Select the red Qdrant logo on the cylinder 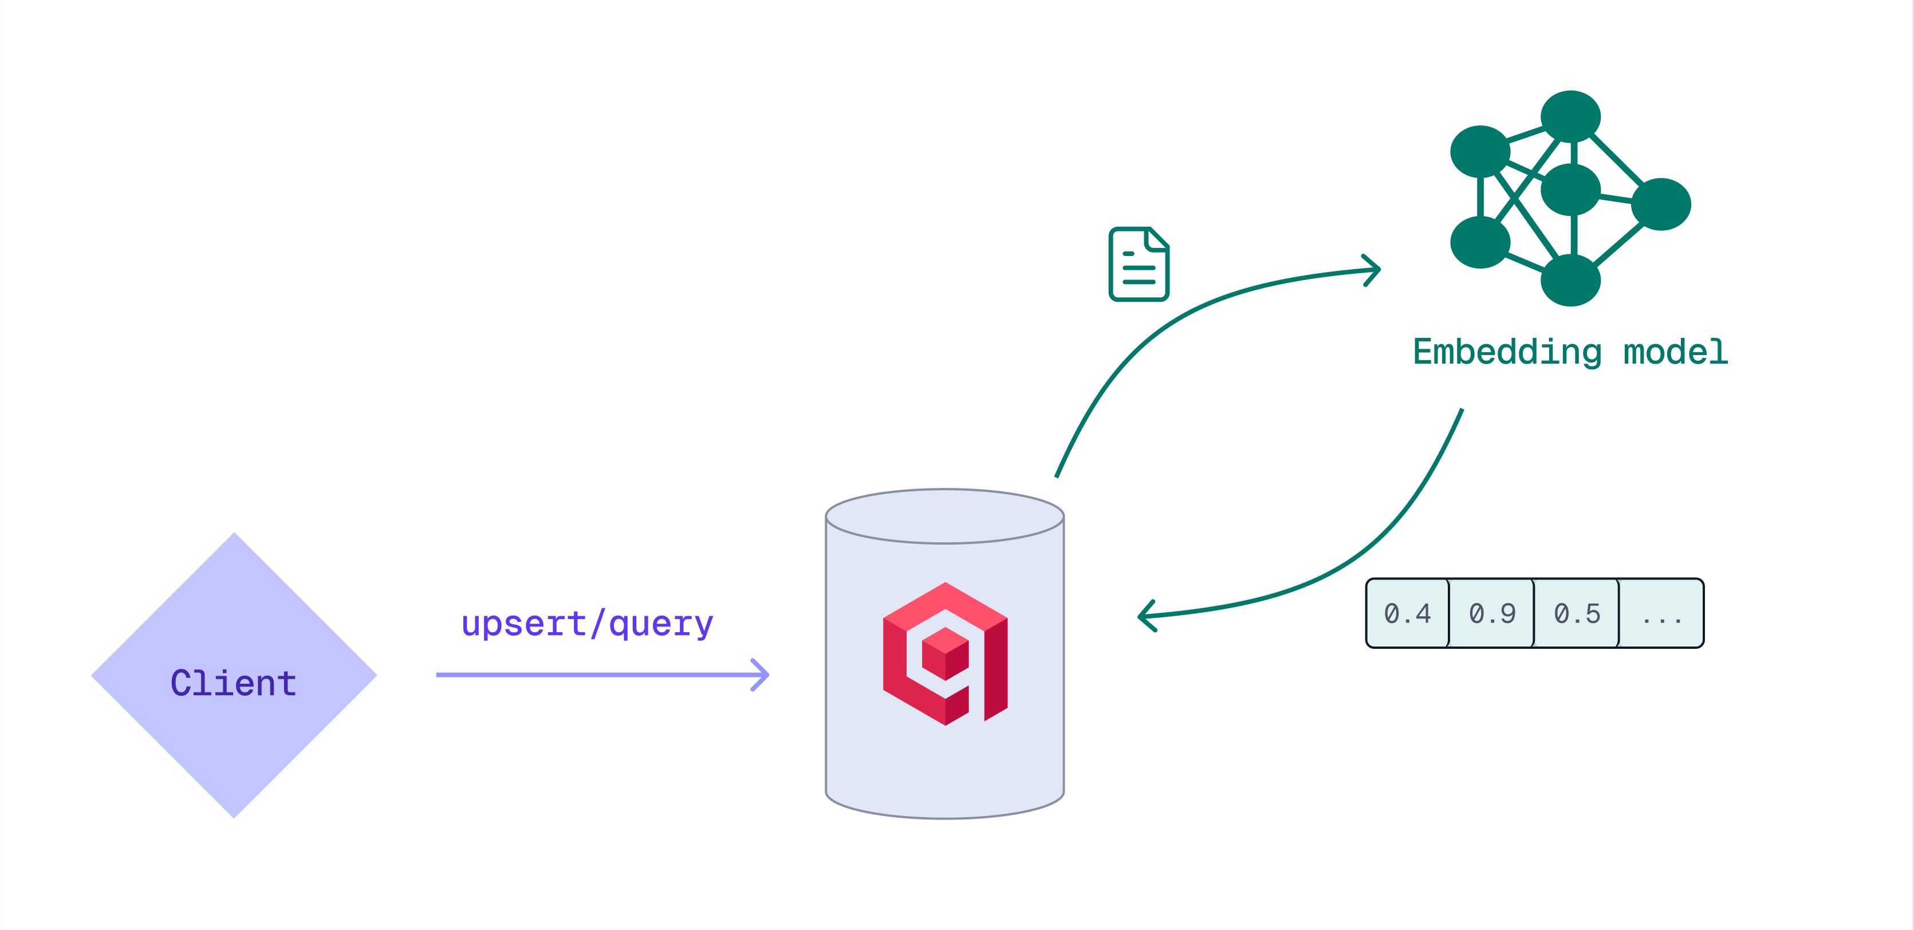coord(945,653)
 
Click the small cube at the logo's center coord(945,653)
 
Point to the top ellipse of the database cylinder coord(944,517)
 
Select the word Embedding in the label coord(1507,352)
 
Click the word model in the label coord(1676,352)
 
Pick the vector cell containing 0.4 coord(1407,613)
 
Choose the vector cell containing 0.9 coord(1492,613)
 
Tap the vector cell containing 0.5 coord(1577,613)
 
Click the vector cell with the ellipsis coord(1661,613)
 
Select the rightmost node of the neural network coord(1661,204)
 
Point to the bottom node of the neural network coord(1570,280)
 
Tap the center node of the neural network coord(1570,190)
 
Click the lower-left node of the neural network coord(1480,242)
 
